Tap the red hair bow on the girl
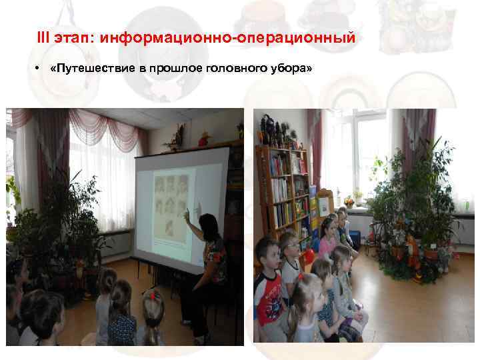pyautogui.click(x=153, y=294)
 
